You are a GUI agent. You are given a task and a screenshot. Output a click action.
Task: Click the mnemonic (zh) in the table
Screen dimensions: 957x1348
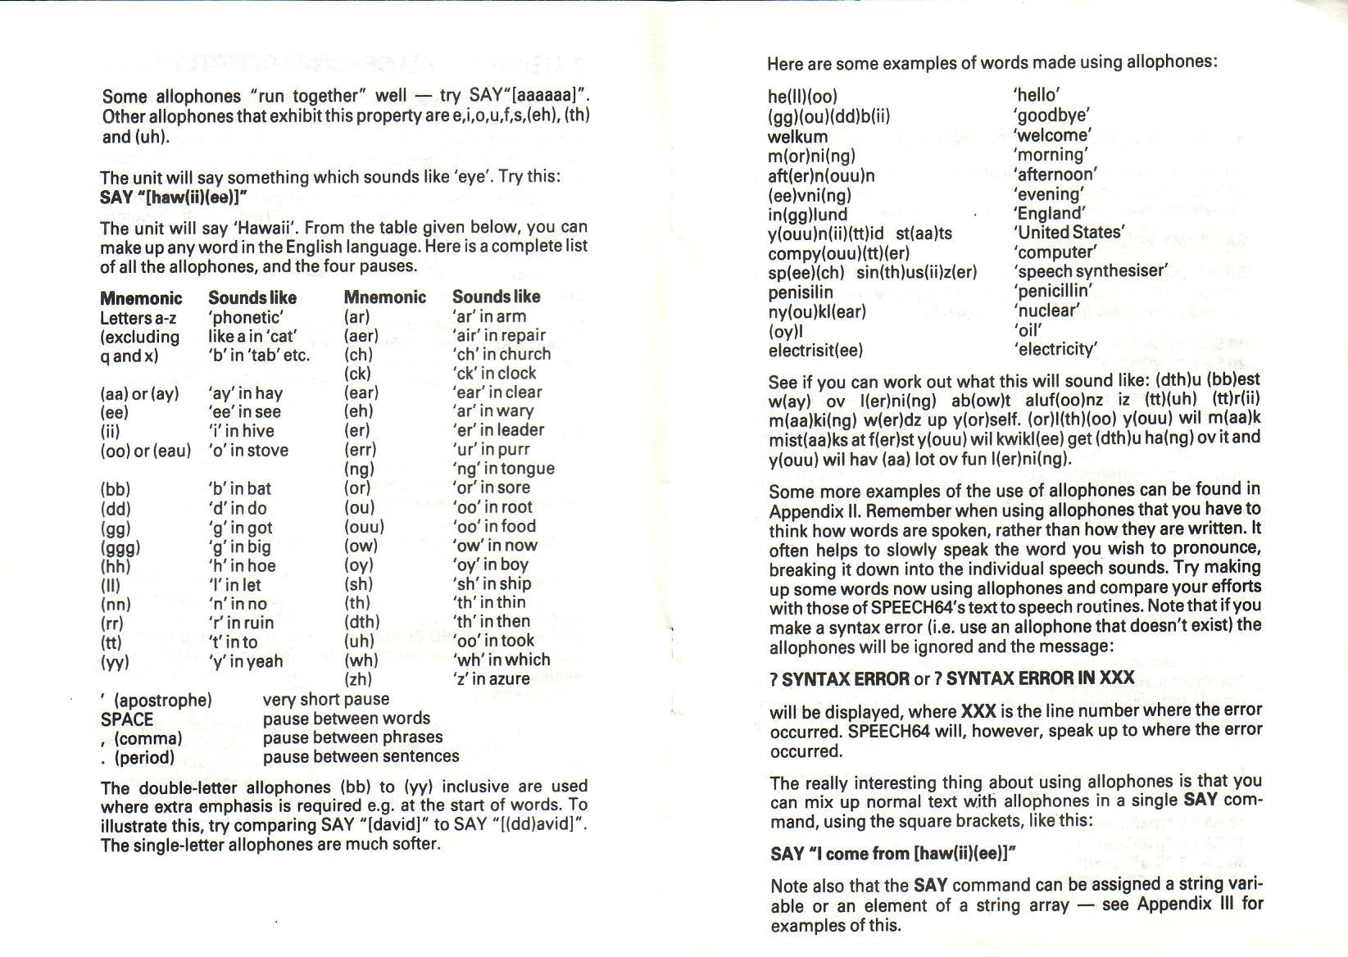coord(358,679)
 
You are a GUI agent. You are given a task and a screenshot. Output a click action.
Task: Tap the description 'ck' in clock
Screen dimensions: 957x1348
coord(494,374)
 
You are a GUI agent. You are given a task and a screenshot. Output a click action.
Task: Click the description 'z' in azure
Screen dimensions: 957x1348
coord(491,679)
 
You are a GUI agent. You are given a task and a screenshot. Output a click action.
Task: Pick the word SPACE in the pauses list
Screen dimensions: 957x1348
coord(127,719)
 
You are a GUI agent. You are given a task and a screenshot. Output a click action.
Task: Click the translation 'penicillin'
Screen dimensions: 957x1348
coord(1053,291)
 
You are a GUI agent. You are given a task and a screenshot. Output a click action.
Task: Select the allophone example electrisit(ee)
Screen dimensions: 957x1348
coord(815,350)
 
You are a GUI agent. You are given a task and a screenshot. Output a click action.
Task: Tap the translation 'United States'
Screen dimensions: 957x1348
coord(1069,233)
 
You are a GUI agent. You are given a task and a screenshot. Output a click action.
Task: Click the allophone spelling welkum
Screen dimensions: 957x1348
coord(797,136)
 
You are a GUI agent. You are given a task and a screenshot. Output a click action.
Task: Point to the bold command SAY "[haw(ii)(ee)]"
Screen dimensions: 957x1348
coord(173,197)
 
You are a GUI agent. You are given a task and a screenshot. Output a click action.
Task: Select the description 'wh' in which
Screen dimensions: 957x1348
coord(501,660)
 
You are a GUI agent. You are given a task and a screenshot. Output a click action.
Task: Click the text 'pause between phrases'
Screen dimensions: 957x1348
coord(352,737)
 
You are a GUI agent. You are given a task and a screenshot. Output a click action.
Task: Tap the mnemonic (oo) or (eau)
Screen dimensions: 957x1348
coord(145,451)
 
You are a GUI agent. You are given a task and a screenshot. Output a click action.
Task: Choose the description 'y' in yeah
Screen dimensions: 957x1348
coord(245,661)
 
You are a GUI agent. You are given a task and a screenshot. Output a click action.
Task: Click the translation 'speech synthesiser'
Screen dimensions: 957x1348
coord(1090,271)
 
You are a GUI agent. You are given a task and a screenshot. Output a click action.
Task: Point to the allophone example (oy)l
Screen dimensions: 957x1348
coord(785,331)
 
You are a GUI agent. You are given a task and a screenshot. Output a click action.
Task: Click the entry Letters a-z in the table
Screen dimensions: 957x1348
coord(138,318)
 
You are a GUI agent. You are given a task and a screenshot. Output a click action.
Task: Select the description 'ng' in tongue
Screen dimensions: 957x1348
coord(503,469)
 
